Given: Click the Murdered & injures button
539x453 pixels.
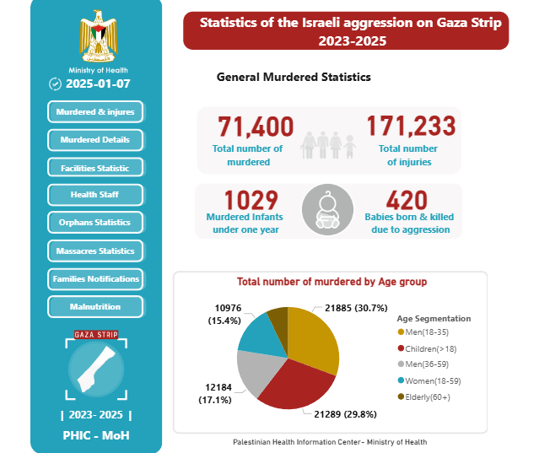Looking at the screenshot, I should [x=95, y=111].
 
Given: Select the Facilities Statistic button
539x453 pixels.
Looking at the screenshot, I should [x=95, y=168].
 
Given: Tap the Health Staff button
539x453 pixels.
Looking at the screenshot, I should [x=95, y=196].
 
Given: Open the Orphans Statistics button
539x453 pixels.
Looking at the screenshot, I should [x=95, y=223].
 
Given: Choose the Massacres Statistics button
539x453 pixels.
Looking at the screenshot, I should [x=95, y=251].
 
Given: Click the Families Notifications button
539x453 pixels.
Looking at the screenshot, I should [x=95, y=278].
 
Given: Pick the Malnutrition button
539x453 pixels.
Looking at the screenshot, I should [x=95, y=307].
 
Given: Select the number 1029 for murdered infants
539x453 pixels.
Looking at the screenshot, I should [x=251, y=201].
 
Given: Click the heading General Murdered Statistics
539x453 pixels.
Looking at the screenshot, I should [x=294, y=77].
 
